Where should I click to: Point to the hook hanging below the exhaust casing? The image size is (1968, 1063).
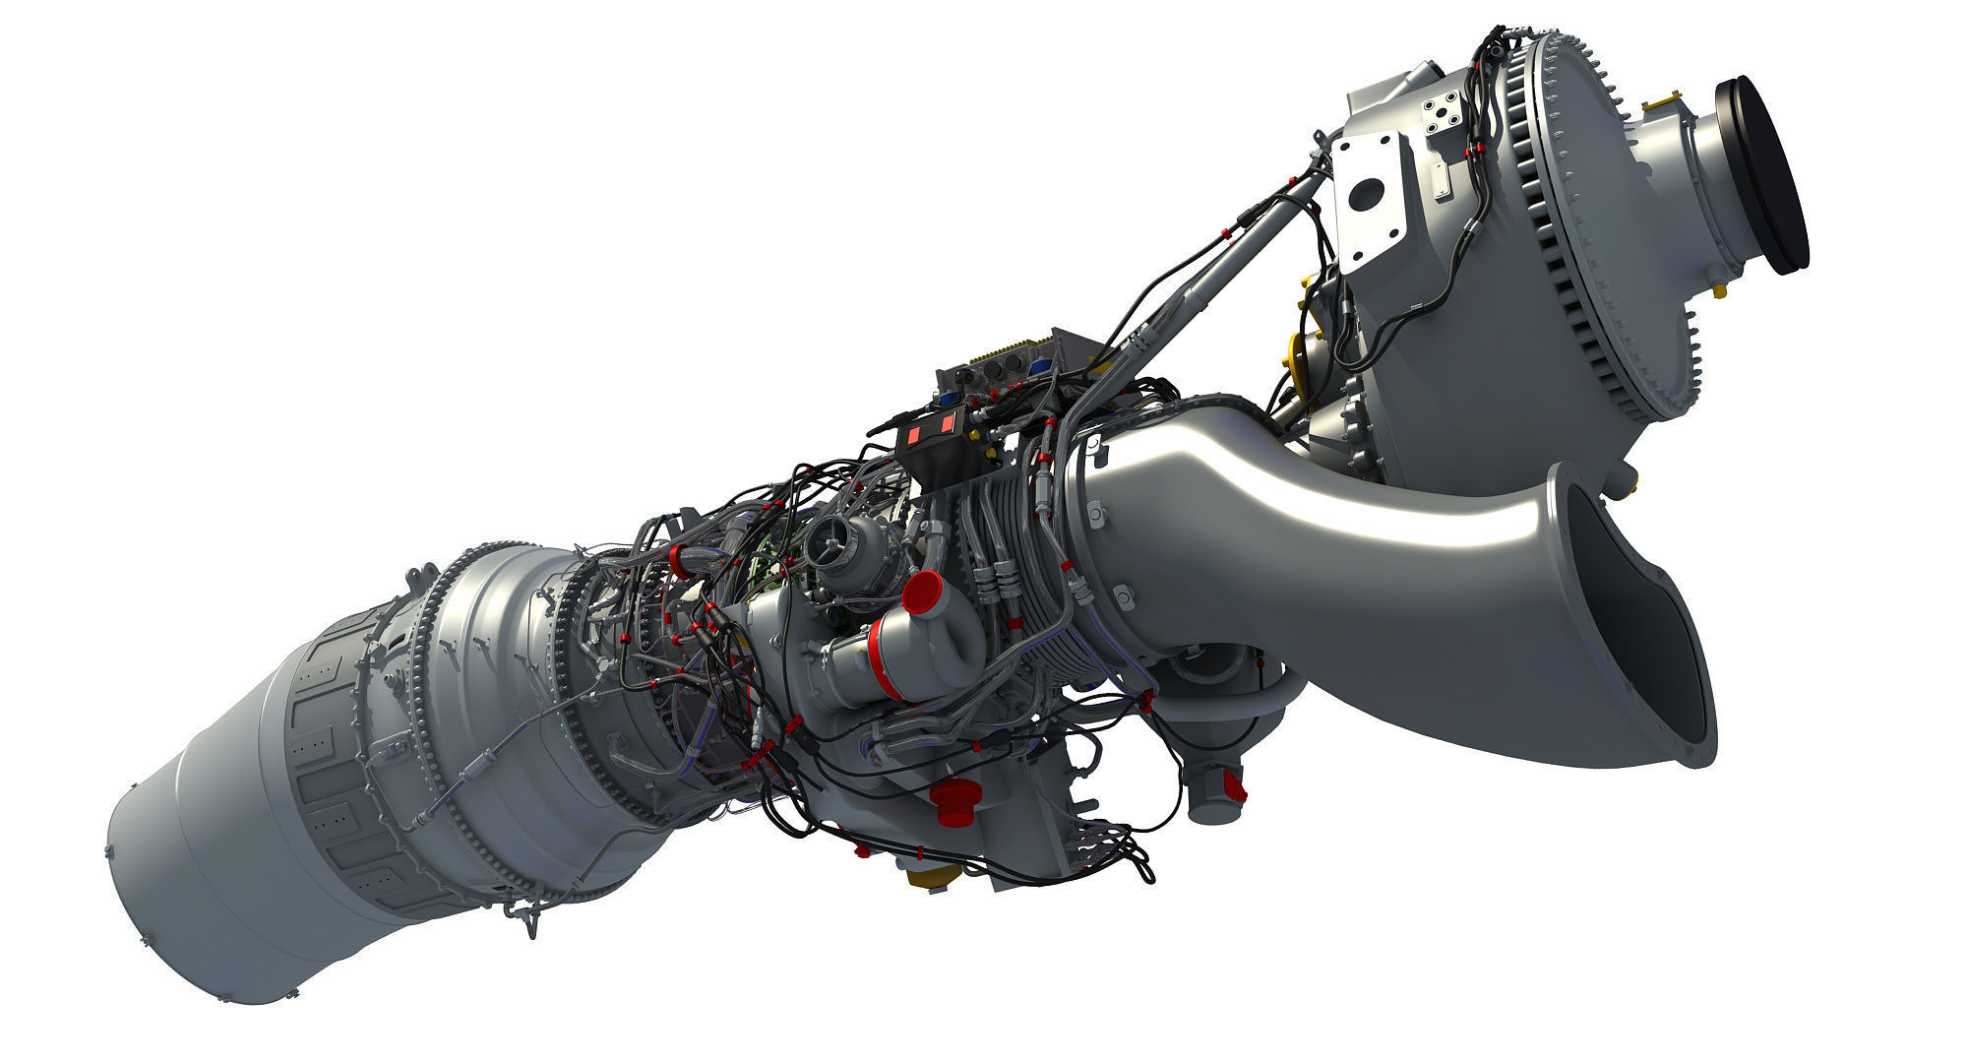tap(527, 921)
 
